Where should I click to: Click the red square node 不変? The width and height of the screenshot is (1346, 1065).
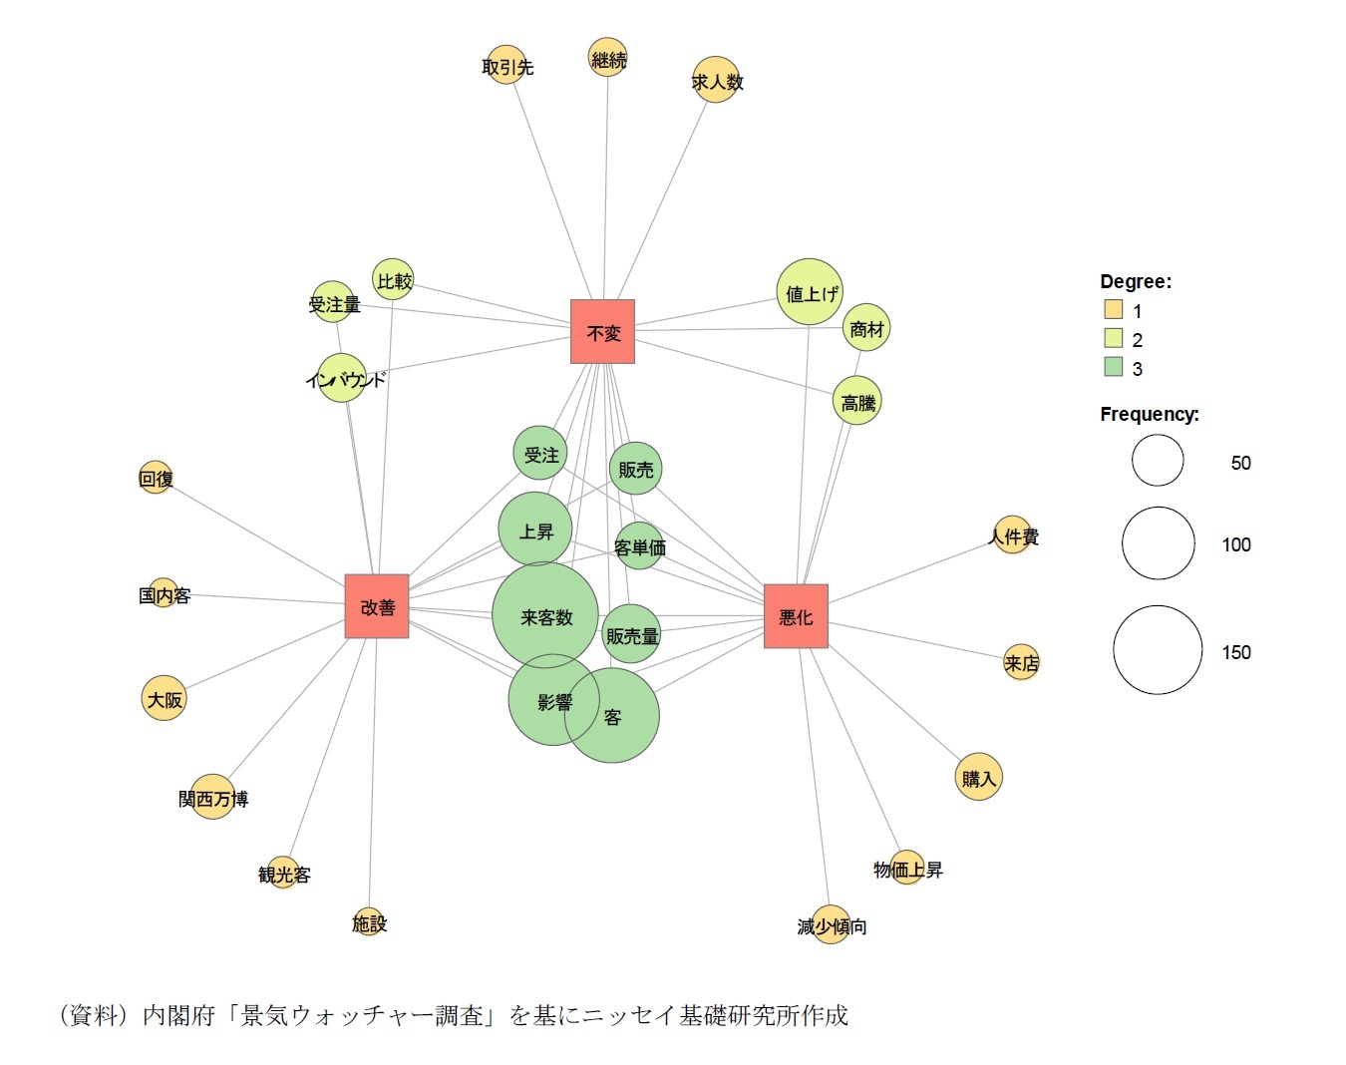(x=602, y=331)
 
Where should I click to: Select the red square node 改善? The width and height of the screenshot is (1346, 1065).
(x=377, y=606)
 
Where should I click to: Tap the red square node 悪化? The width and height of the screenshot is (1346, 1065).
(x=796, y=616)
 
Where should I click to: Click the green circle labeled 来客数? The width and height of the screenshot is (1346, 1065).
(x=545, y=615)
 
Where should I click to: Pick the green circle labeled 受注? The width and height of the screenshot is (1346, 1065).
(x=540, y=454)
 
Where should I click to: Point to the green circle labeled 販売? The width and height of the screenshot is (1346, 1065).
(x=635, y=469)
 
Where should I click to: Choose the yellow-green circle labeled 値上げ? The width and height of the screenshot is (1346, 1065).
(x=810, y=292)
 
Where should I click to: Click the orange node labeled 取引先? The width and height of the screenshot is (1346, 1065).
(x=506, y=66)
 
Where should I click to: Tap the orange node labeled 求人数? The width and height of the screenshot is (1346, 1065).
(x=717, y=81)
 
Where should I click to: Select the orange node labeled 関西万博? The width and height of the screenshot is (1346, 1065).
(x=212, y=798)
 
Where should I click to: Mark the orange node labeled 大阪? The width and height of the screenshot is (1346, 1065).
(x=165, y=699)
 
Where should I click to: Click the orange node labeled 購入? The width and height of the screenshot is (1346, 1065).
(x=978, y=778)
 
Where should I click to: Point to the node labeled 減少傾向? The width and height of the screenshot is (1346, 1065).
(x=831, y=926)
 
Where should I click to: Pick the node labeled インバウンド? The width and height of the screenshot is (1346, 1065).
(x=343, y=379)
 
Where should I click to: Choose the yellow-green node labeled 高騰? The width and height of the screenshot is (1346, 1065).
(x=856, y=402)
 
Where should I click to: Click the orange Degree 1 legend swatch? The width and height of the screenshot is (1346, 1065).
(x=1113, y=310)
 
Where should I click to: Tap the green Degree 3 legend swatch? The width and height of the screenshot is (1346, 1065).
(x=1113, y=368)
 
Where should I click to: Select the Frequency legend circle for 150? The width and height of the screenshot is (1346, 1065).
(x=1158, y=650)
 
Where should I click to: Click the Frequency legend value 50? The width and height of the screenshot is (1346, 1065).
(x=1240, y=463)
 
